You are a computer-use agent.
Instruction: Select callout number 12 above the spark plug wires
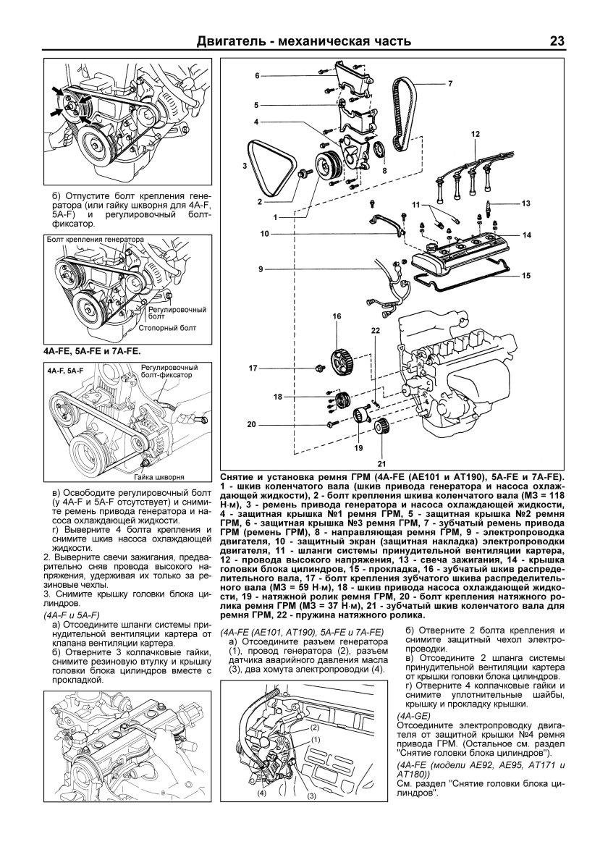tap(475, 135)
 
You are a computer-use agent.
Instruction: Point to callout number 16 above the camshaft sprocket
tap(337, 316)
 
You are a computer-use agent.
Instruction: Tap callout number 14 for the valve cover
tap(527, 235)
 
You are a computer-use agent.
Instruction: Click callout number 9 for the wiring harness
tap(258, 269)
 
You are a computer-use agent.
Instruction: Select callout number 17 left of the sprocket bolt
tap(254, 368)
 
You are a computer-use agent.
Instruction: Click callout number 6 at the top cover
tap(256, 76)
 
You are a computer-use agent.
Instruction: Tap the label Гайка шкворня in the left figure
tap(157, 479)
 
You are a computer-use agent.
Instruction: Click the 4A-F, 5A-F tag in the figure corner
tap(66, 370)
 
